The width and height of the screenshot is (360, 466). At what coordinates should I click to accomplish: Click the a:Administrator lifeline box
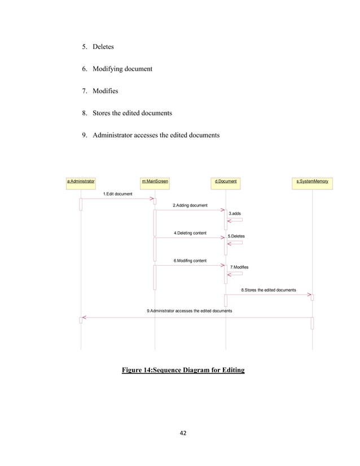[81, 182]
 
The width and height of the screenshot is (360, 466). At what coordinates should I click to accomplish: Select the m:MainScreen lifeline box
[155, 182]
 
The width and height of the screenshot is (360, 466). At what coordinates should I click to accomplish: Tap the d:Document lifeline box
[226, 182]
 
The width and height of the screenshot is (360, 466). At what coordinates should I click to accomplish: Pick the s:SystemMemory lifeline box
[312, 182]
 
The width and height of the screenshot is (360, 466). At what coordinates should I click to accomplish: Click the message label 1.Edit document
[117, 194]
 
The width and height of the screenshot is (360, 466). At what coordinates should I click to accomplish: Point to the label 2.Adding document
[190, 205]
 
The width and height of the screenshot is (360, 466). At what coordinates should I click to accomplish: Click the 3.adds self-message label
[235, 214]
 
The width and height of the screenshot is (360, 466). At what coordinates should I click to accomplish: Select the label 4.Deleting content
[190, 233]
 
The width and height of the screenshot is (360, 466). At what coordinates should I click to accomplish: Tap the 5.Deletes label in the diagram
[236, 236]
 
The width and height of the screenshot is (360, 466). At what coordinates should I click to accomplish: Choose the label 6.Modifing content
[190, 261]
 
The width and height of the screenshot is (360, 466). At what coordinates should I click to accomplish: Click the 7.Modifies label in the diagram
[239, 266]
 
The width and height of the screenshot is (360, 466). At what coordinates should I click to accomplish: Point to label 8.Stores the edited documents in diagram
[269, 290]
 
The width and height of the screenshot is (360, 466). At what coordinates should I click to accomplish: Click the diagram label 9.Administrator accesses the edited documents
[189, 311]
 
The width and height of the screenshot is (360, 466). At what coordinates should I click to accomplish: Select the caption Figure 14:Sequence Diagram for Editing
[183, 371]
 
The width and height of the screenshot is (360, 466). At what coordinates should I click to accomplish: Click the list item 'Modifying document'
[122, 69]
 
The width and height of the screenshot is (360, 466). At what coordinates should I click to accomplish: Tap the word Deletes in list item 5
[103, 47]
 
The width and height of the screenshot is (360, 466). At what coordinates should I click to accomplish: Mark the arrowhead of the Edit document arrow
[152, 199]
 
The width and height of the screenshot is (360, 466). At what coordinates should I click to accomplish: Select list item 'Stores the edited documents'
[132, 113]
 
